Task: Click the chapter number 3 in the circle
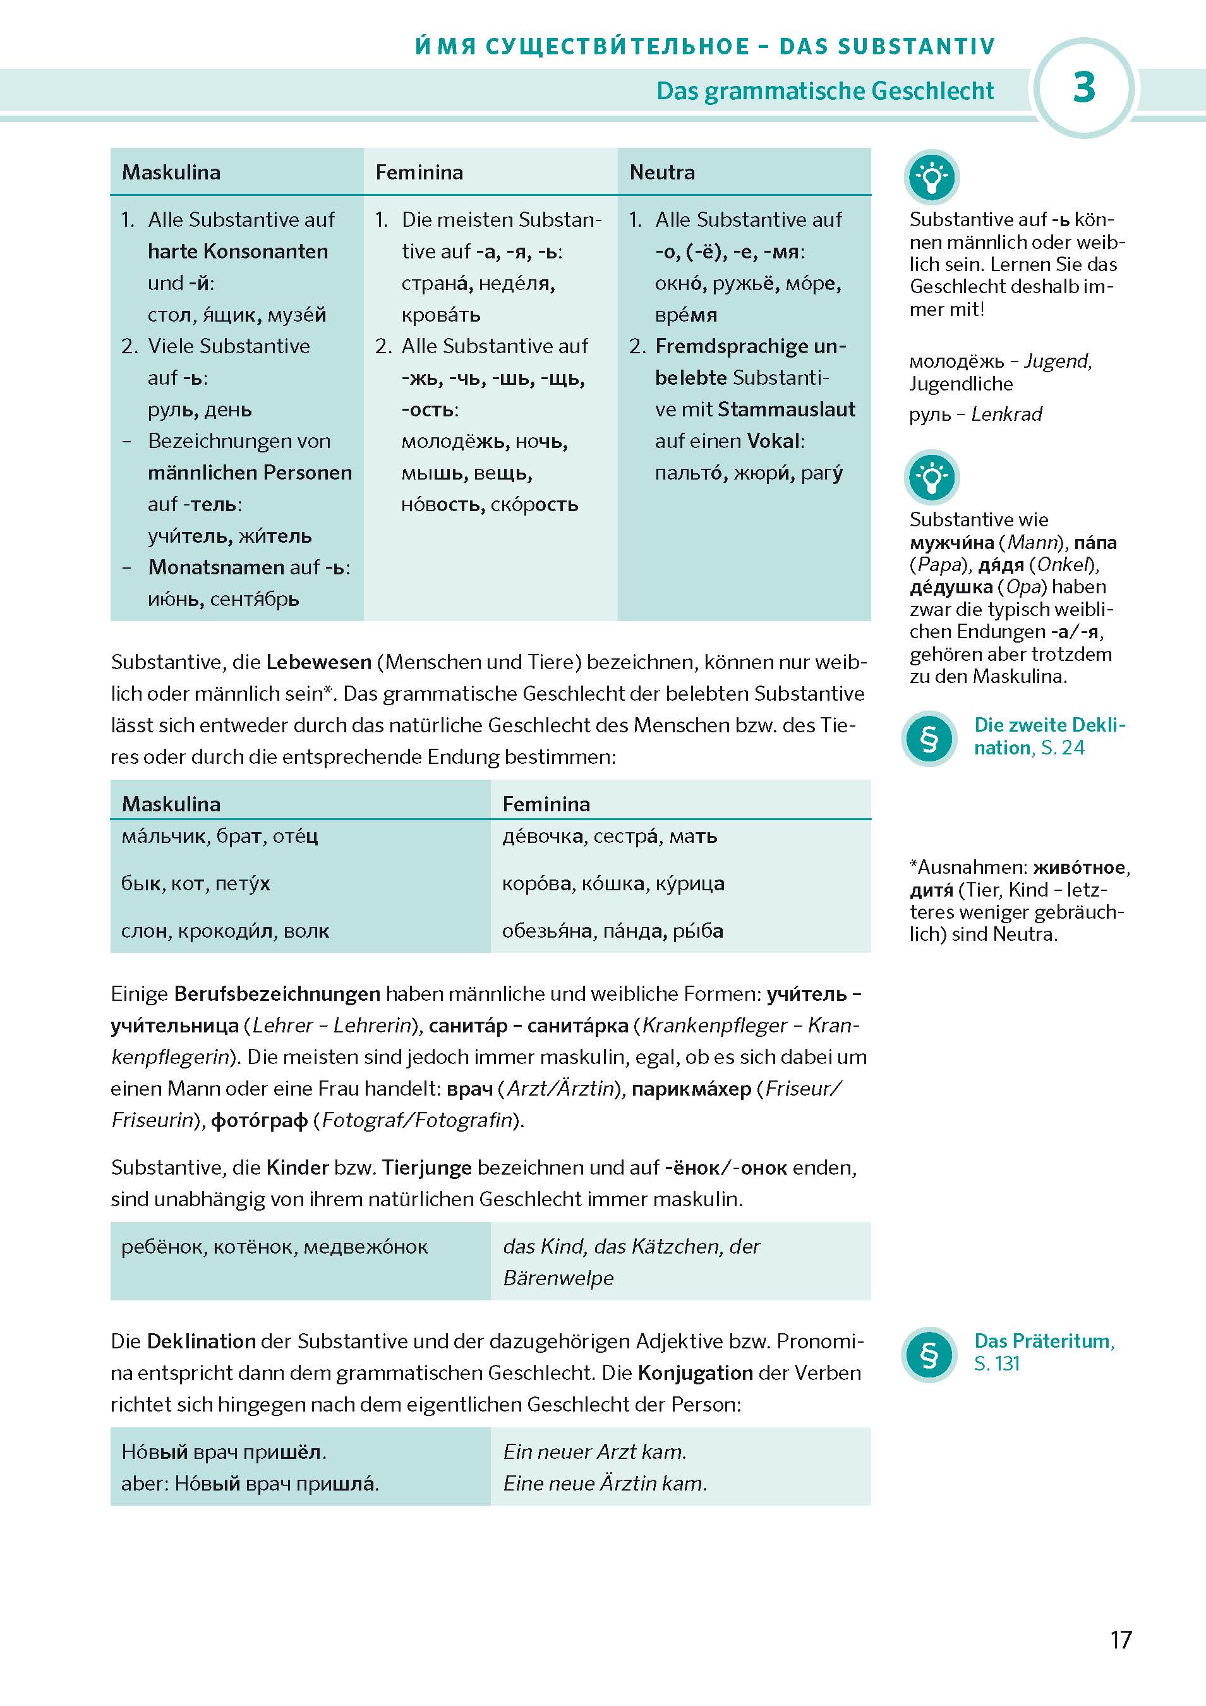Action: pyautogui.click(x=1083, y=88)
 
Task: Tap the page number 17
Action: pyautogui.click(x=1120, y=1639)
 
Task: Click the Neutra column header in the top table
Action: pyautogui.click(x=662, y=172)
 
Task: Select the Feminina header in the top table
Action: pyautogui.click(x=419, y=172)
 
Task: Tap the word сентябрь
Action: pyautogui.click(x=255, y=599)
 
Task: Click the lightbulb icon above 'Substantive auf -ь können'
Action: pyautogui.click(x=931, y=177)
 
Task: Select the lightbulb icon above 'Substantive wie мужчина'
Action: pyautogui.click(x=931, y=477)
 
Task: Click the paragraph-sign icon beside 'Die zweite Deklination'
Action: pyautogui.click(x=929, y=739)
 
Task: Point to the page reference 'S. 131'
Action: pyautogui.click(x=996, y=1364)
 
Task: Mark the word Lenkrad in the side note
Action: pyautogui.click(x=1006, y=414)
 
